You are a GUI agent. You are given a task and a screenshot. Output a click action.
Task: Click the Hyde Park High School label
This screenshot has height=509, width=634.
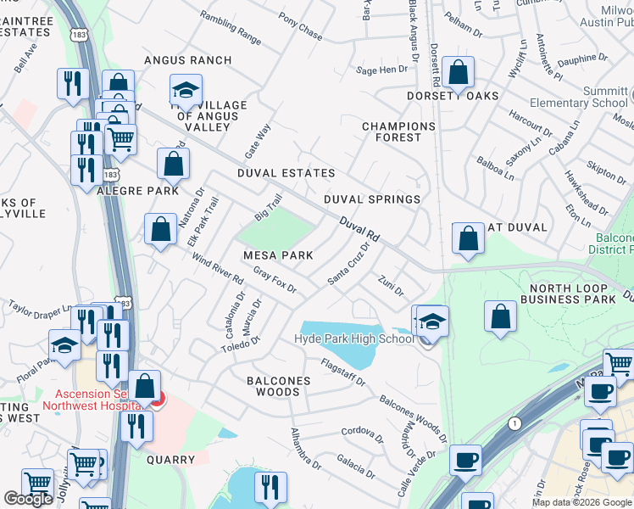(x=354, y=339)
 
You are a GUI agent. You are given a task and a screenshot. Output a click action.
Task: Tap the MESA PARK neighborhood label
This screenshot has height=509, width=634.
(x=278, y=255)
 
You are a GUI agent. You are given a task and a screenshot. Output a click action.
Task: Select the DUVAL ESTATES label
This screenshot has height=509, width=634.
(x=286, y=173)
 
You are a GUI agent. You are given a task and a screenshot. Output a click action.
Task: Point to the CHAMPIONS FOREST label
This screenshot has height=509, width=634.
(x=398, y=131)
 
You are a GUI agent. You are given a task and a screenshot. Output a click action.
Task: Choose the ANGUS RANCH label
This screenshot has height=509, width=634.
(x=187, y=60)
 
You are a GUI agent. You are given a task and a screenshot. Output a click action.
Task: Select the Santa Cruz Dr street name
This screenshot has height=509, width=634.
(x=349, y=265)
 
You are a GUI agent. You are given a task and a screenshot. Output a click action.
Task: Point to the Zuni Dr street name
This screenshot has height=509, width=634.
(x=391, y=285)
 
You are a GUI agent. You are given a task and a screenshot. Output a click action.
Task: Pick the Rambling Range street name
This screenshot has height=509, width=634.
(x=231, y=27)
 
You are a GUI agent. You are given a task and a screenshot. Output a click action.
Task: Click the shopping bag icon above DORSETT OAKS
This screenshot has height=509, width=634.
(x=459, y=74)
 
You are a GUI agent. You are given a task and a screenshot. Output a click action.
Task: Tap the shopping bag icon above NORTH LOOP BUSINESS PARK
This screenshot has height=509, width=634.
(x=501, y=316)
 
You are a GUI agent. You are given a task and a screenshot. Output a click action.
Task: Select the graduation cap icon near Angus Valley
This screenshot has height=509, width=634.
(x=185, y=90)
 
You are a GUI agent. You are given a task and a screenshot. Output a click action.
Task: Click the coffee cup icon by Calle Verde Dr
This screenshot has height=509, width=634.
(x=465, y=461)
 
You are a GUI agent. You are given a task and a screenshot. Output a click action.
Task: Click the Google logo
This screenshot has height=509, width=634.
(x=28, y=499)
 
